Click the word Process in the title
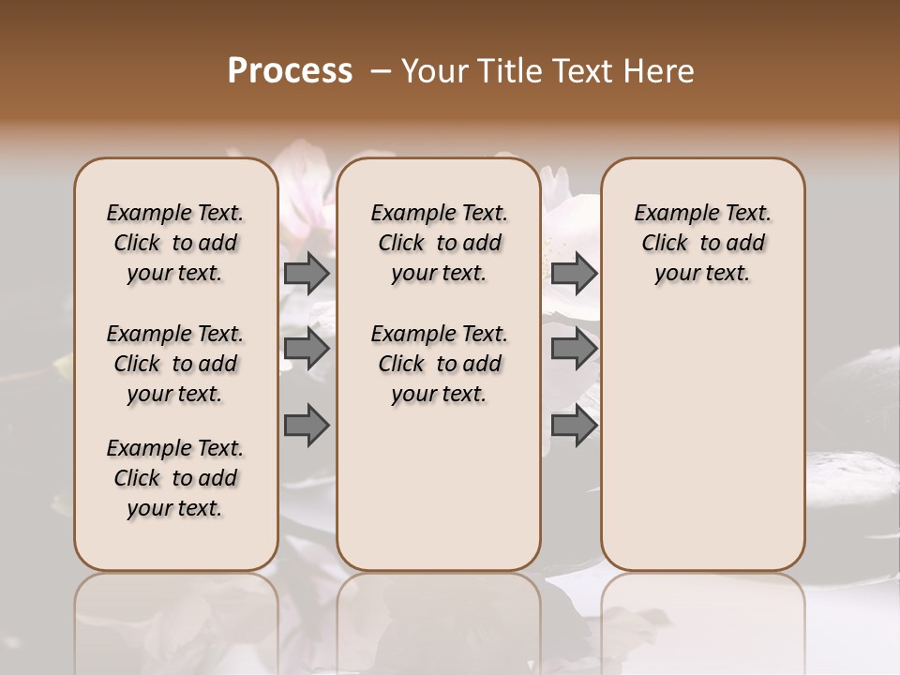(290, 71)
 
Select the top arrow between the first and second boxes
(307, 273)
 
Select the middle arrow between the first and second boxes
(307, 349)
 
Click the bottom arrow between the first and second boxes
(307, 425)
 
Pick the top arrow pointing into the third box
(574, 273)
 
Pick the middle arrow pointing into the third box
(574, 349)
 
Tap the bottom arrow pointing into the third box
(574, 425)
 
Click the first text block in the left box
(175, 243)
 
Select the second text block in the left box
(175, 364)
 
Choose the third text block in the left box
(175, 478)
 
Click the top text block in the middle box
(439, 243)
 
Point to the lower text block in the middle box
(439, 364)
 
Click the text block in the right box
(702, 243)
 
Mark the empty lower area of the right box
(702, 431)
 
